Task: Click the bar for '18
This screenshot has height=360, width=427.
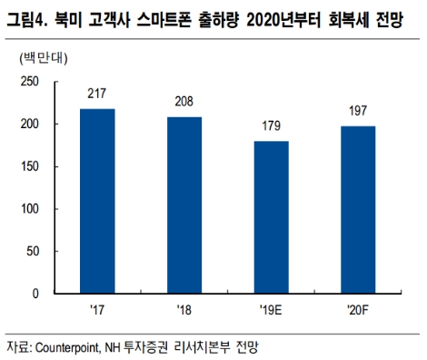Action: click(x=185, y=205)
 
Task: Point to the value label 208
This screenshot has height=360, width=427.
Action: click(x=185, y=101)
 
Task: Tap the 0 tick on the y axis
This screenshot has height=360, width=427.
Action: click(x=36, y=294)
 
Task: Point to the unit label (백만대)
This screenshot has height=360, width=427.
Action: click(x=41, y=57)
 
